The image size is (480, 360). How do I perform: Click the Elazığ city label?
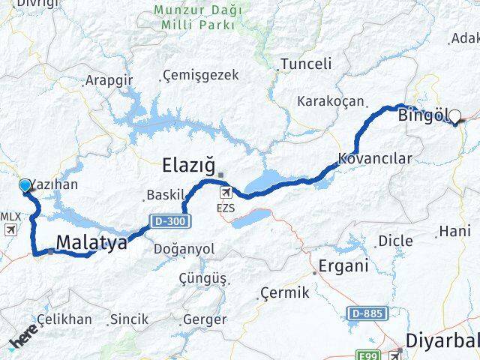(189, 163)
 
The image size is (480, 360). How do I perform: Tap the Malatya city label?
(91, 241)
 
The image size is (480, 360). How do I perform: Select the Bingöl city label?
(423, 115)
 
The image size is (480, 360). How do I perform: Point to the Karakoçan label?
(331, 100)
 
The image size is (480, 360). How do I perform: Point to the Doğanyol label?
(184, 249)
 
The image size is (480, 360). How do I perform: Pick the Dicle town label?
(395, 241)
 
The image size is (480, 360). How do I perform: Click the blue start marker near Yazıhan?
(25, 185)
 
